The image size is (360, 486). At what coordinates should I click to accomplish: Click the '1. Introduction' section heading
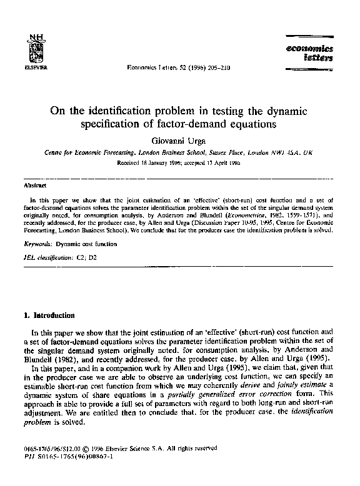click(49, 315)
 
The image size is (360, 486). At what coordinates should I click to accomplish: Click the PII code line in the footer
click(66, 473)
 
